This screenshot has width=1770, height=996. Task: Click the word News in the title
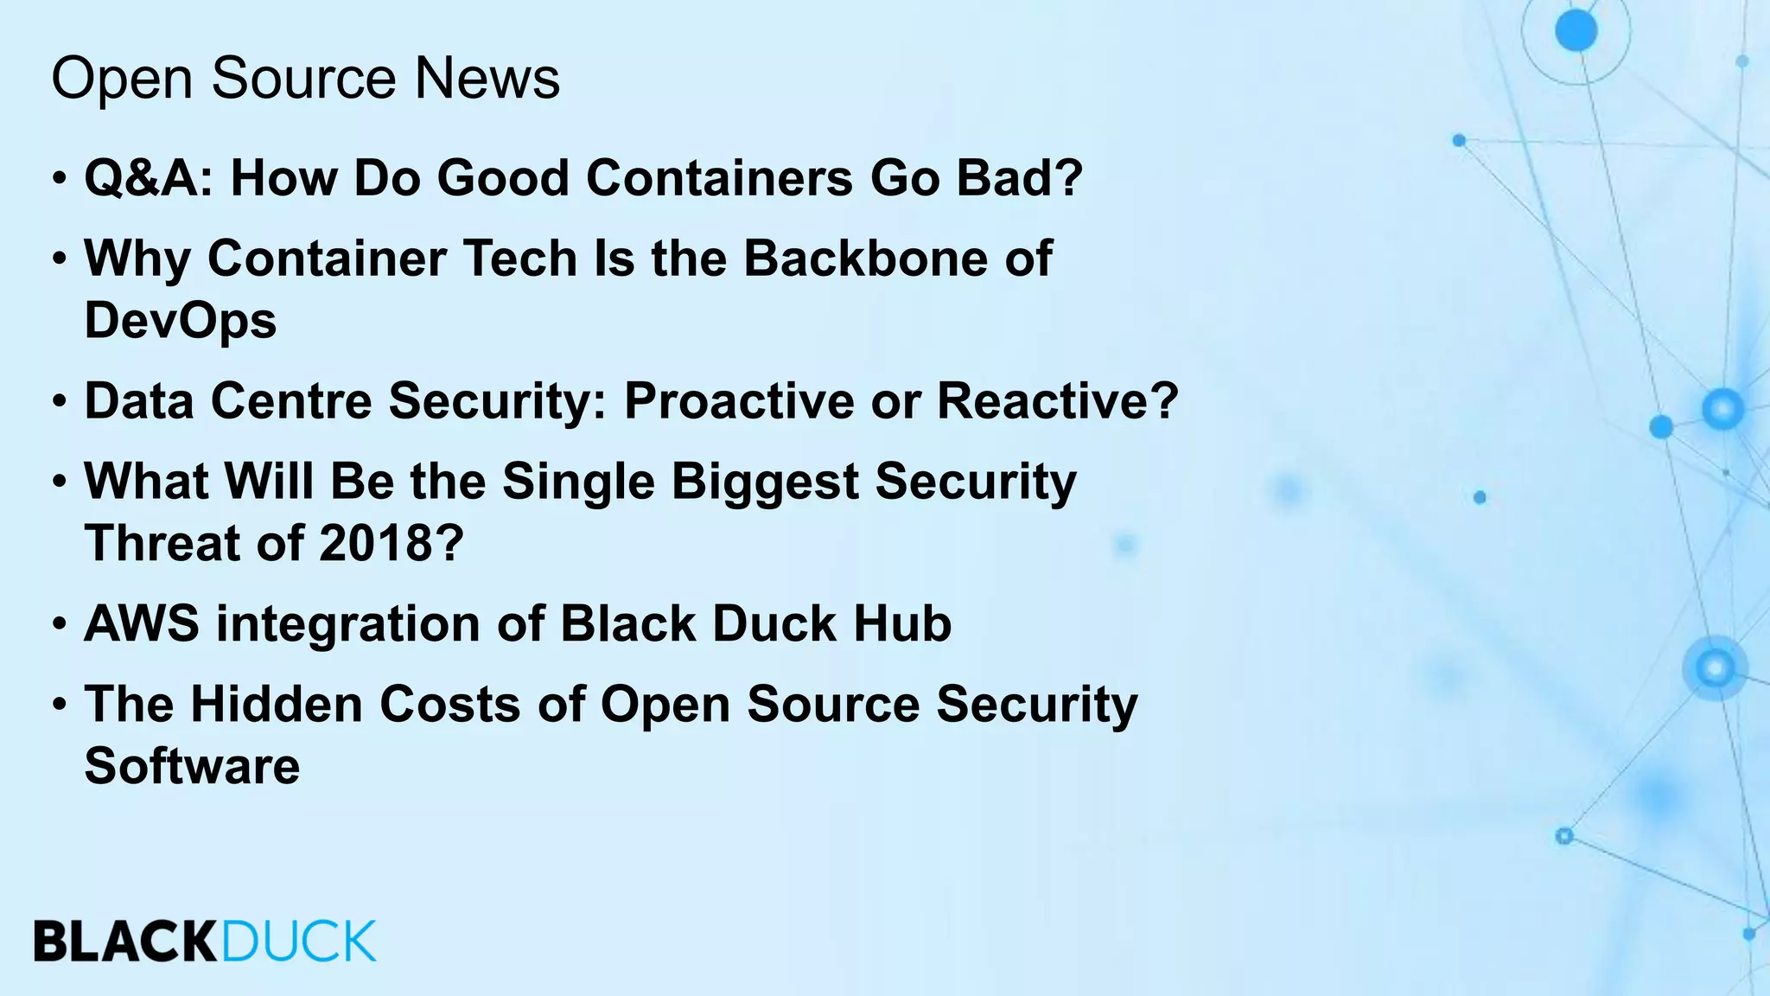click(487, 78)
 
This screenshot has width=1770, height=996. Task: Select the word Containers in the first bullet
click(719, 178)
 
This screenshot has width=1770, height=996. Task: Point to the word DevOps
click(180, 322)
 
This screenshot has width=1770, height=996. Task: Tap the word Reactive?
click(1058, 400)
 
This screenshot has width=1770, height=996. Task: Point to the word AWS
click(142, 623)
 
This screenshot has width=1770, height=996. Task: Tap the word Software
click(192, 766)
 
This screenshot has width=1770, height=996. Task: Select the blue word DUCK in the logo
click(299, 942)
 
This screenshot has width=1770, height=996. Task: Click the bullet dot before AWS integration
click(59, 624)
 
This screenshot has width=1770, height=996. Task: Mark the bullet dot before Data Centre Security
click(59, 401)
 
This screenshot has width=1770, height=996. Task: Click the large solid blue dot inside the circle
click(1576, 31)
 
